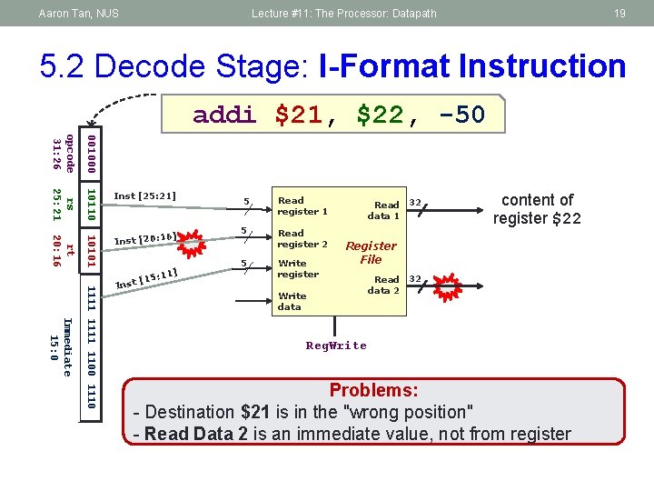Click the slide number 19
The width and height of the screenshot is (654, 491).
pyautogui.click(x=619, y=13)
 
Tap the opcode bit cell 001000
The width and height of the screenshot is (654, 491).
pyautogui.click(x=91, y=154)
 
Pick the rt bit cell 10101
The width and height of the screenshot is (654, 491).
pyautogui.click(x=91, y=252)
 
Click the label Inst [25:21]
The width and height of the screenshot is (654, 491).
pyautogui.click(x=144, y=195)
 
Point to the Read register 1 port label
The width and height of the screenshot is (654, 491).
pyautogui.click(x=302, y=205)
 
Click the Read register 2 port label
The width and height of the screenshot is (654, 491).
pyautogui.click(x=302, y=238)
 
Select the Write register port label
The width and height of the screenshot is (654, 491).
pyautogui.click(x=298, y=268)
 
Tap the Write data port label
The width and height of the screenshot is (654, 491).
pyautogui.click(x=292, y=301)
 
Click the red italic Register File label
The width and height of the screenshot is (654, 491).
pyautogui.click(x=371, y=252)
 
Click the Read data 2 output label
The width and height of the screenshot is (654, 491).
pyautogui.click(x=384, y=285)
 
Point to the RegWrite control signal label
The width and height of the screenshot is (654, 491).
pyautogui.click(x=336, y=346)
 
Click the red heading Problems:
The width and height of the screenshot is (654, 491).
pyautogui.click(x=373, y=390)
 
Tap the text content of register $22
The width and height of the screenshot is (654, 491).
pyautogui.click(x=537, y=208)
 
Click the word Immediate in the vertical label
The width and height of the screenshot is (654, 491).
pyautogui.click(x=65, y=346)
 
